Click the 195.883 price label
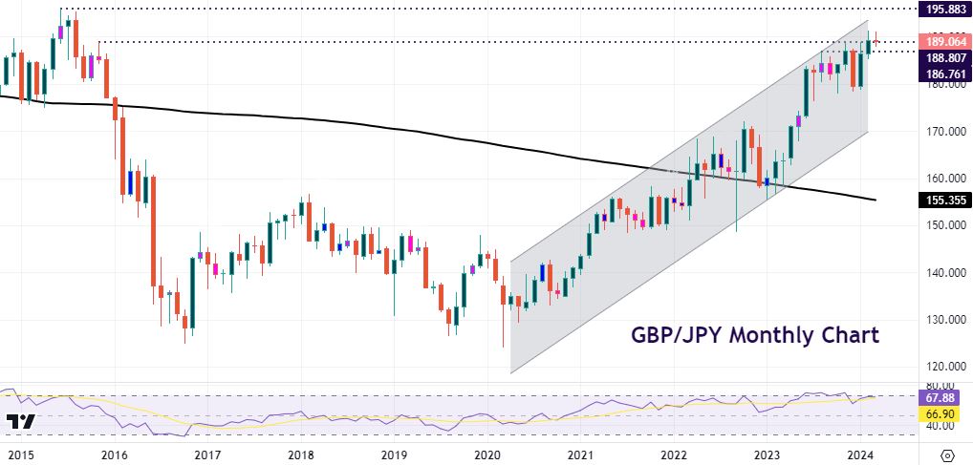pos(941,9)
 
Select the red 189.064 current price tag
pos(941,42)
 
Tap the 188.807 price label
pos(941,57)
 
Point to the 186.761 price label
pos(941,74)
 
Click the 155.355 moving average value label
pos(941,201)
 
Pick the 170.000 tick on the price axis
pos(939,132)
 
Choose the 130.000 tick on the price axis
pos(939,320)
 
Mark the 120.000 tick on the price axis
pos(939,367)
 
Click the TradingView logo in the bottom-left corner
pos(20,421)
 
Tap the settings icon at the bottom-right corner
pos(947,454)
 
